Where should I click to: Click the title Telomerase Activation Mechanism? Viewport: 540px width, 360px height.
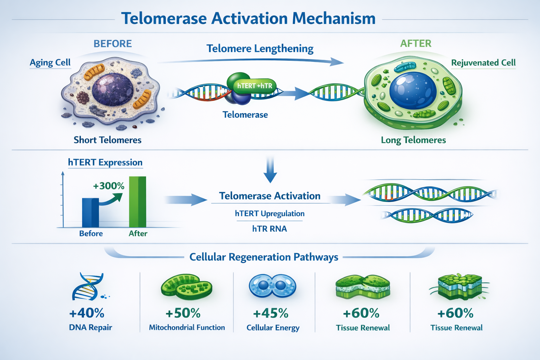point(248,18)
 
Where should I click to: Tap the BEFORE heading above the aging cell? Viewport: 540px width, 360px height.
point(112,44)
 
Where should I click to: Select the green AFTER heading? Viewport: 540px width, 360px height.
point(416,43)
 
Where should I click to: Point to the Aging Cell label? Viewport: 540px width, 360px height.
point(50,63)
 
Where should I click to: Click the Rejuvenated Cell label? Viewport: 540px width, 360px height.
point(483,63)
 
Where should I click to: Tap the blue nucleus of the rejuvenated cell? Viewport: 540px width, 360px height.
point(413,91)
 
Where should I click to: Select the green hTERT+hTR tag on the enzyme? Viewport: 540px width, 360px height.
point(255,86)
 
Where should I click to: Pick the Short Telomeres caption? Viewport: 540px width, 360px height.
point(107,140)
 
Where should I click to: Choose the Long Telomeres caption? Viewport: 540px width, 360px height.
point(413,140)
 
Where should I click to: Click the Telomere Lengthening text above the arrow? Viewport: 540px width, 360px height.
point(260,49)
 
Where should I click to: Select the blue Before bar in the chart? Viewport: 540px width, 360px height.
point(90,213)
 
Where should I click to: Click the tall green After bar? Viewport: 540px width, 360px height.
point(137,202)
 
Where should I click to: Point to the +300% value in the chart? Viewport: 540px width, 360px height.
point(109,186)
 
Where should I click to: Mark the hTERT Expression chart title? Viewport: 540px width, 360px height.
point(105,162)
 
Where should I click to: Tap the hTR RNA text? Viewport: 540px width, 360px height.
point(269,229)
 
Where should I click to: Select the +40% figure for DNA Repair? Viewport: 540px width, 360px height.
point(87,313)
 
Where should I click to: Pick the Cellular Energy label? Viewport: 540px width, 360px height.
point(273,328)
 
